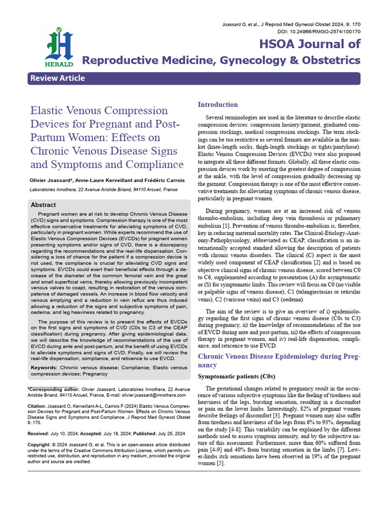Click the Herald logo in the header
pyautogui.click(x=60, y=47)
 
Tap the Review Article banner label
pyautogui.click(x=57, y=78)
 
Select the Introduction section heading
pyautogui.click(x=217, y=105)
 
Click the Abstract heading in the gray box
pyautogui.click(x=43, y=205)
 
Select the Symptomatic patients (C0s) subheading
pyautogui.click(x=236, y=377)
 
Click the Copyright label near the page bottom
pyautogui.click(x=41, y=445)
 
